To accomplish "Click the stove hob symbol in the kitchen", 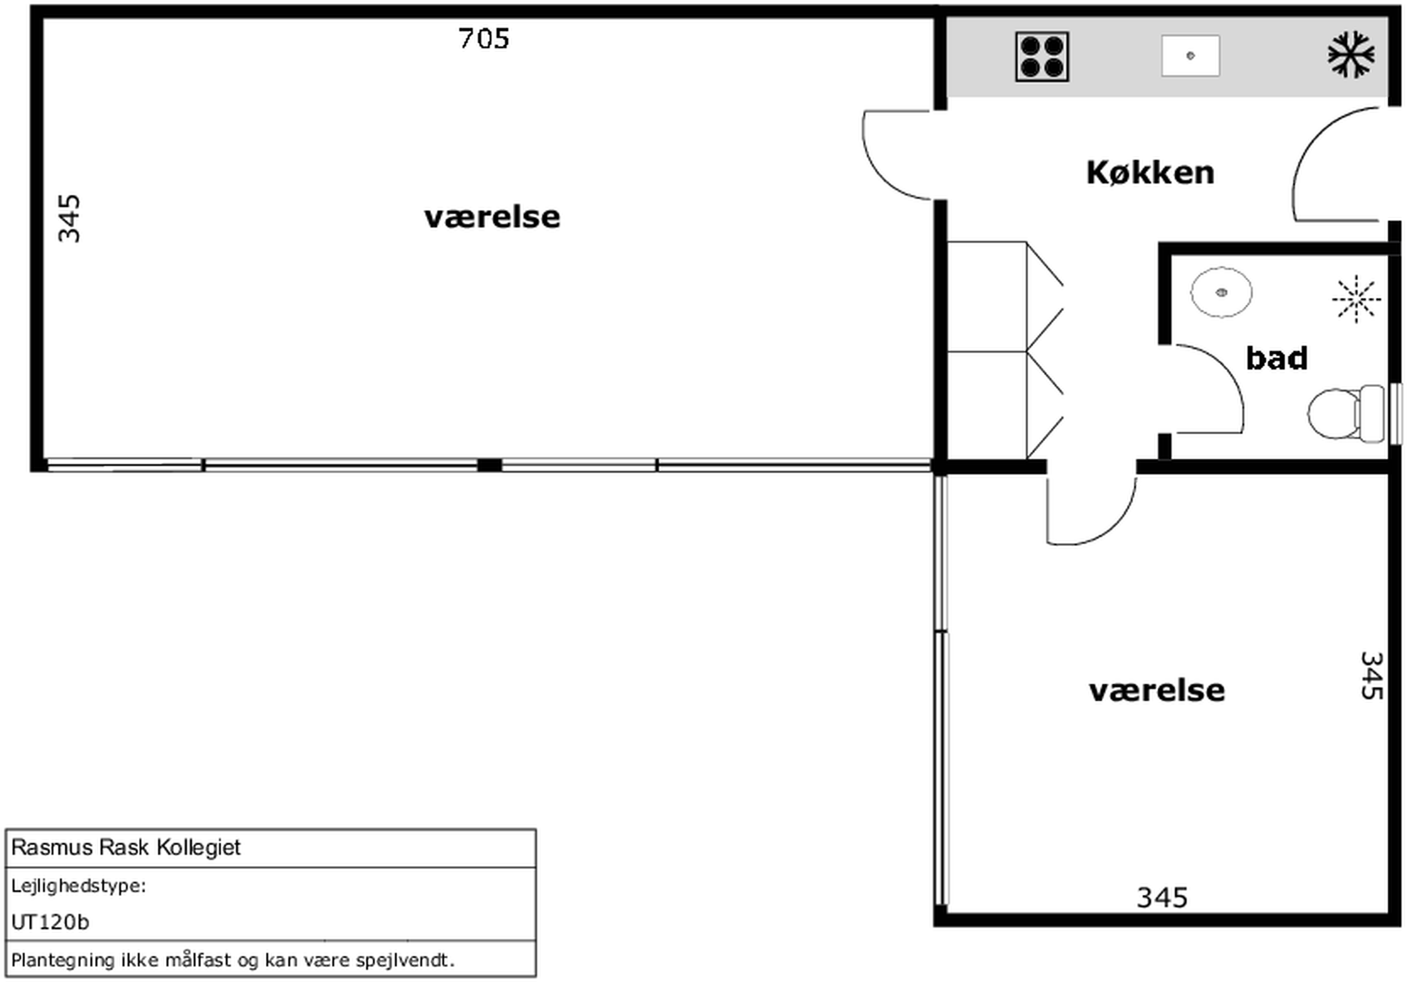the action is [1042, 56].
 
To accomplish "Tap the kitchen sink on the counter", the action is [1190, 56].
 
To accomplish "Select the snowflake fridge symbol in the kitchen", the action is [1351, 54].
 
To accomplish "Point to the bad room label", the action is [1277, 358].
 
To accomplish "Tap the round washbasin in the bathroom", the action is [1222, 292].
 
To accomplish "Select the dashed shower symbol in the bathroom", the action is [1356, 299].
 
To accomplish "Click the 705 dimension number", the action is [484, 39].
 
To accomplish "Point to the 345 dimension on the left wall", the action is [69, 219].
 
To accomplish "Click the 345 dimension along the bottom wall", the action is [1162, 898].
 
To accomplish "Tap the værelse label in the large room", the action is [492, 218].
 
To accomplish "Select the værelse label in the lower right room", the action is [1157, 691].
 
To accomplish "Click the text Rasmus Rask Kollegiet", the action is [126, 847].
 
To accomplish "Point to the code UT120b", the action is [50, 922].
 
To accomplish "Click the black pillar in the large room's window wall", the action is [489, 466].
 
